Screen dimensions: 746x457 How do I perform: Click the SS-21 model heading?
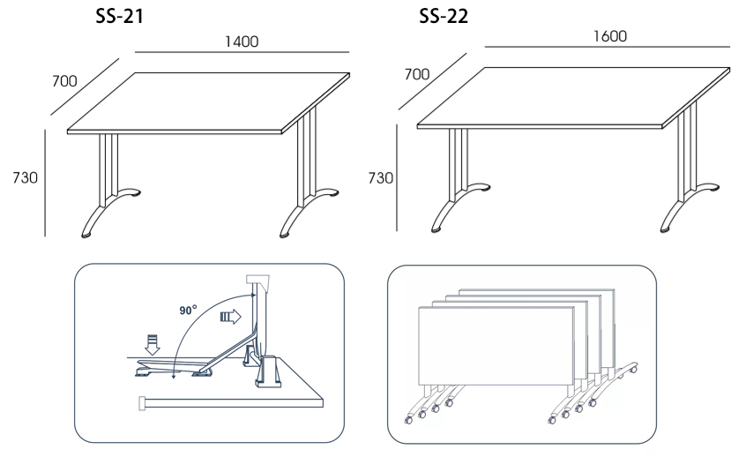point(119,16)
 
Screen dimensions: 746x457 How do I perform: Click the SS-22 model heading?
point(444,16)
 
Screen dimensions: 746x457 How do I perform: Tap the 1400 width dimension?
point(242,41)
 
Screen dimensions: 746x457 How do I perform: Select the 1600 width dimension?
point(610,36)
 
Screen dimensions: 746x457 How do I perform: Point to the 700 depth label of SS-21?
point(64,81)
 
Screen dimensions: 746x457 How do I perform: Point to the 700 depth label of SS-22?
point(417,74)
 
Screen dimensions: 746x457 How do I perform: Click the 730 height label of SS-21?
point(26,177)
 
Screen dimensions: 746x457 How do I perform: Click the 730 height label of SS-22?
point(381,178)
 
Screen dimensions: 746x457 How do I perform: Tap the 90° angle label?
point(188,311)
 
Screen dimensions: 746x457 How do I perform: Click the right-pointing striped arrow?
point(231,317)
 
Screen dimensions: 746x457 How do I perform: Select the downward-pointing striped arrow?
point(153,345)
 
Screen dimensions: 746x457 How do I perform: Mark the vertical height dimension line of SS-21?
point(45,183)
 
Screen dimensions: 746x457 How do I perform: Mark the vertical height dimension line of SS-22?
point(397,177)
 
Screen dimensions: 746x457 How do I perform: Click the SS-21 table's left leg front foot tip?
point(86,235)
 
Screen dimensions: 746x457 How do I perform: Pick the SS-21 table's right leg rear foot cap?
point(332,194)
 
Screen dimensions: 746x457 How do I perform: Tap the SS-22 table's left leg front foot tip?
point(436,230)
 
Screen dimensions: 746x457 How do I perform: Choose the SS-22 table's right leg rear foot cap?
point(712,189)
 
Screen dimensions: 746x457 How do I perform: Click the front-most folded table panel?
point(496,346)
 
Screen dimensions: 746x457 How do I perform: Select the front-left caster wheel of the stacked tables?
point(408,420)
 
